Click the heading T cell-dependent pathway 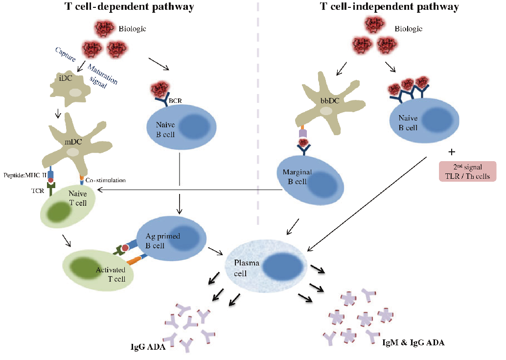(129, 7)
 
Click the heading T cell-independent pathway (389, 7)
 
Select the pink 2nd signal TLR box (467, 171)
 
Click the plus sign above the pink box (452, 151)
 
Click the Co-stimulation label (105, 180)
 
